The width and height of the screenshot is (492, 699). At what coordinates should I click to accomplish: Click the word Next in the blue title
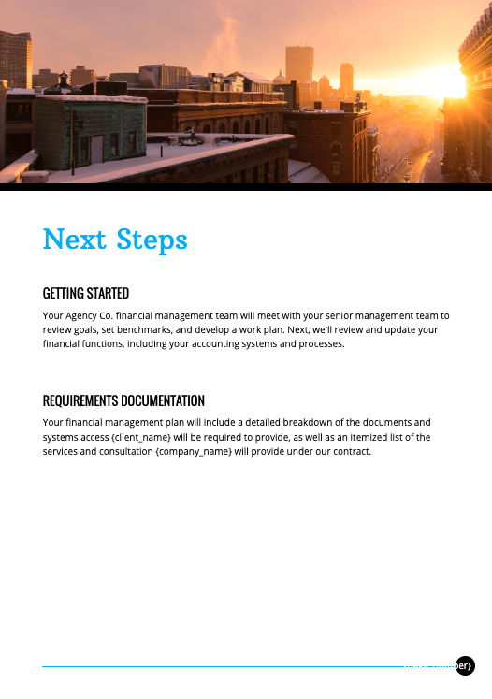coord(75,240)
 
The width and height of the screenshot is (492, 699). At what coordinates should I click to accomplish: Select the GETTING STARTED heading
coord(86,293)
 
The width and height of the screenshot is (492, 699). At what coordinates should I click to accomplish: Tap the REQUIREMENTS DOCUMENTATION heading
coord(123,400)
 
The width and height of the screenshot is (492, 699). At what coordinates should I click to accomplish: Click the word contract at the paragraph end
coord(352,451)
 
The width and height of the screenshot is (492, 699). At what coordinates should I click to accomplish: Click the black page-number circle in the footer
coord(465,665)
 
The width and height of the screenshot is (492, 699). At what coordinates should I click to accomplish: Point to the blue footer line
coord(224,666)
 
